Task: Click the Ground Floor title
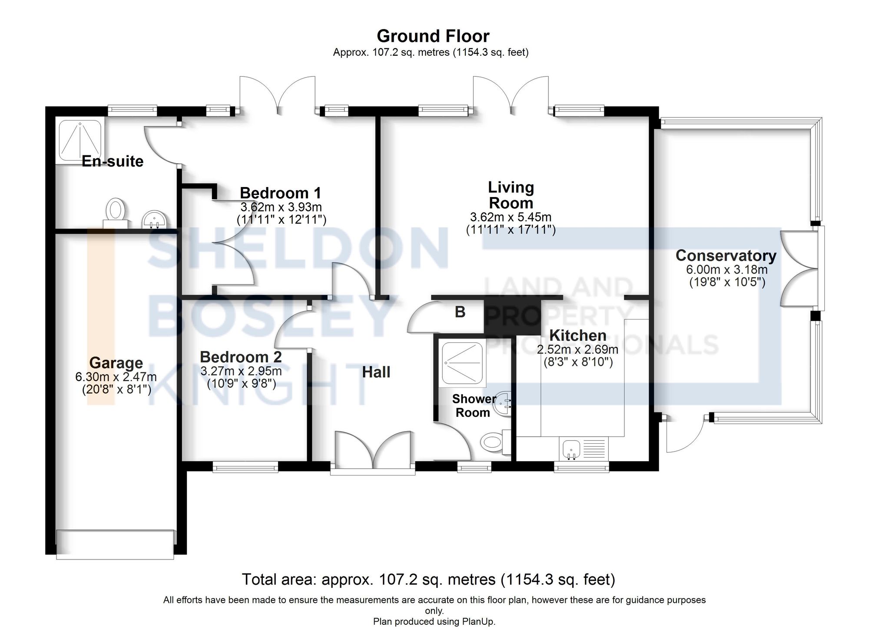[x=433, y=36]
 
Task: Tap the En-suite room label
[x=113, y=161]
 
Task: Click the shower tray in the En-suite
[x=80, y=139]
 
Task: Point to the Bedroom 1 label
[x=280, y=193]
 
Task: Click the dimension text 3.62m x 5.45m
[x=511, y=217]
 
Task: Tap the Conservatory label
[x=726, y=255]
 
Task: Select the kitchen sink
[x=570, y=448]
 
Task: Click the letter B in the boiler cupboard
[x=460, y=312]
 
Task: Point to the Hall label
[x=376, y=372]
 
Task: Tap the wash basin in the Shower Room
[x=503, y=403]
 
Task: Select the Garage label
[x=116, y=363]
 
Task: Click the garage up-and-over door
[x=115, y=544]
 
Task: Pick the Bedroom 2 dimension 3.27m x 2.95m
[x=241, y=371]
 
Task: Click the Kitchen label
[x=578, y=335]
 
